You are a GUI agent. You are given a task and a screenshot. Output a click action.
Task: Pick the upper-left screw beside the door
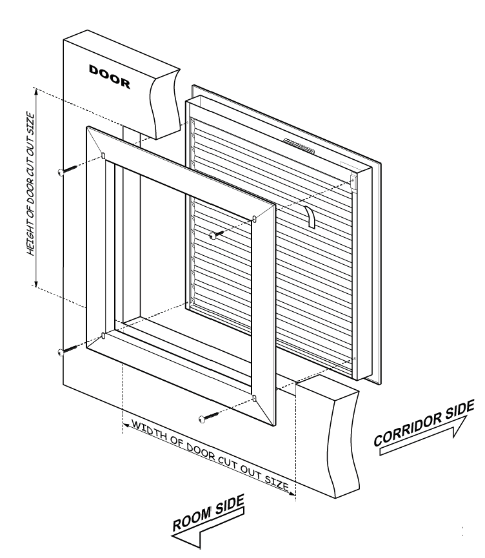(x=62, y=171)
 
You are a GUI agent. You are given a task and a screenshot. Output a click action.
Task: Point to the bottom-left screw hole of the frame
(x=103, y=336)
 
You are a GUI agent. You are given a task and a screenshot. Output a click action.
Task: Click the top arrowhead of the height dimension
(x=37, y=91)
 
